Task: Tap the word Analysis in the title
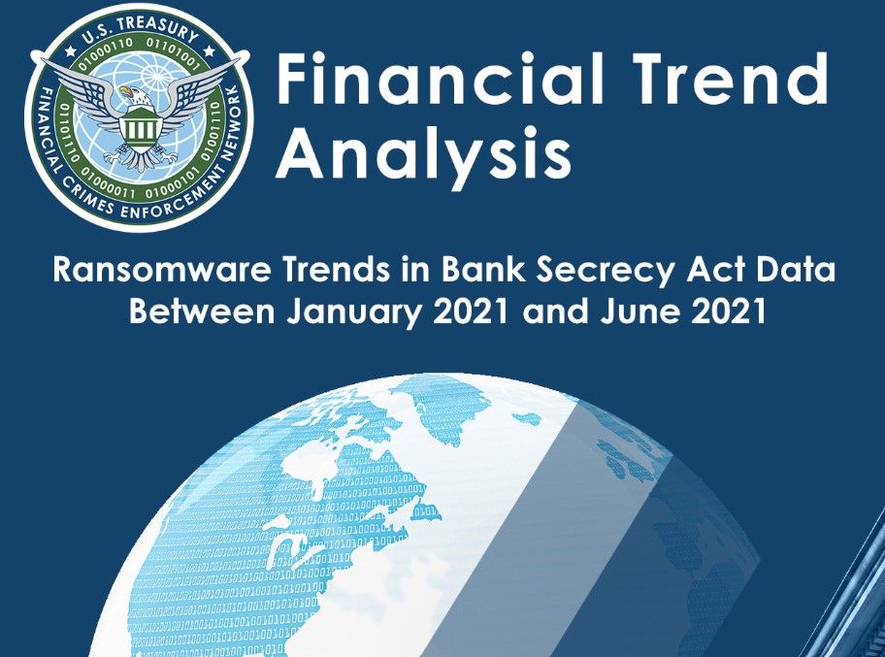[x=424, y=152]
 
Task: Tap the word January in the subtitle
[x=344, y=313]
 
